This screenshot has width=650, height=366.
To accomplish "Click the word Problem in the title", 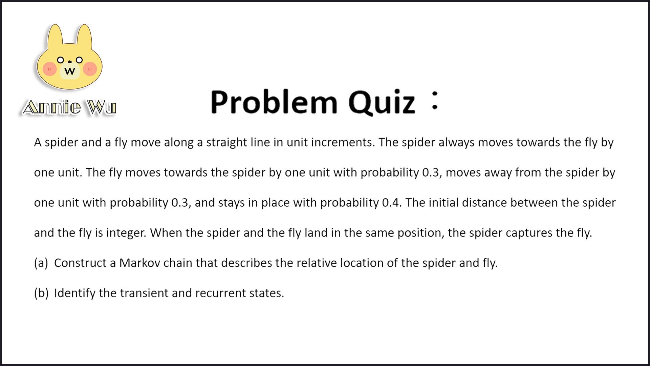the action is [274, 102].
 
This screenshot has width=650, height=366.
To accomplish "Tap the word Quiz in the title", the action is [382, 102].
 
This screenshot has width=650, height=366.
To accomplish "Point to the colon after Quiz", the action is [435, 101].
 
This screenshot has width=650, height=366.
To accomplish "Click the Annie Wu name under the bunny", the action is [69, 107].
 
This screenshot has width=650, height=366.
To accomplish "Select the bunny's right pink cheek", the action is [90, 69].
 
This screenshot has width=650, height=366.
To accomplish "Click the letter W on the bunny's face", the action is [70, 71].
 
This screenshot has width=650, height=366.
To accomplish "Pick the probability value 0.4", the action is [391, 203].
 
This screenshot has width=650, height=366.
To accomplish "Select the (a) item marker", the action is [41, 263].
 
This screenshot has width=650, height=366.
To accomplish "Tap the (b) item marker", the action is [41, 293].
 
